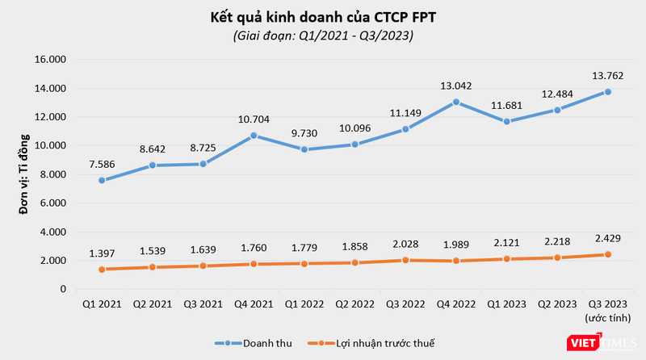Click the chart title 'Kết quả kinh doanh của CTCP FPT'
(x=323, y=16)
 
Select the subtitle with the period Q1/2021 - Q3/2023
(x=323, y=36)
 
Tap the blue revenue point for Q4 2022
(x=456, y=102)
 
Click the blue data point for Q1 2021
(x=101, y=180)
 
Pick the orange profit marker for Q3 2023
(x=607, y=254)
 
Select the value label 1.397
(x=101, y=253)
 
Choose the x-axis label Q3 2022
(x=406, y=303)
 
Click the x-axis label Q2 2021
(x=153, y=303)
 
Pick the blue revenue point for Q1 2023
(x=506, y=122)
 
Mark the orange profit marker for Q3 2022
(x=406, y=260)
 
